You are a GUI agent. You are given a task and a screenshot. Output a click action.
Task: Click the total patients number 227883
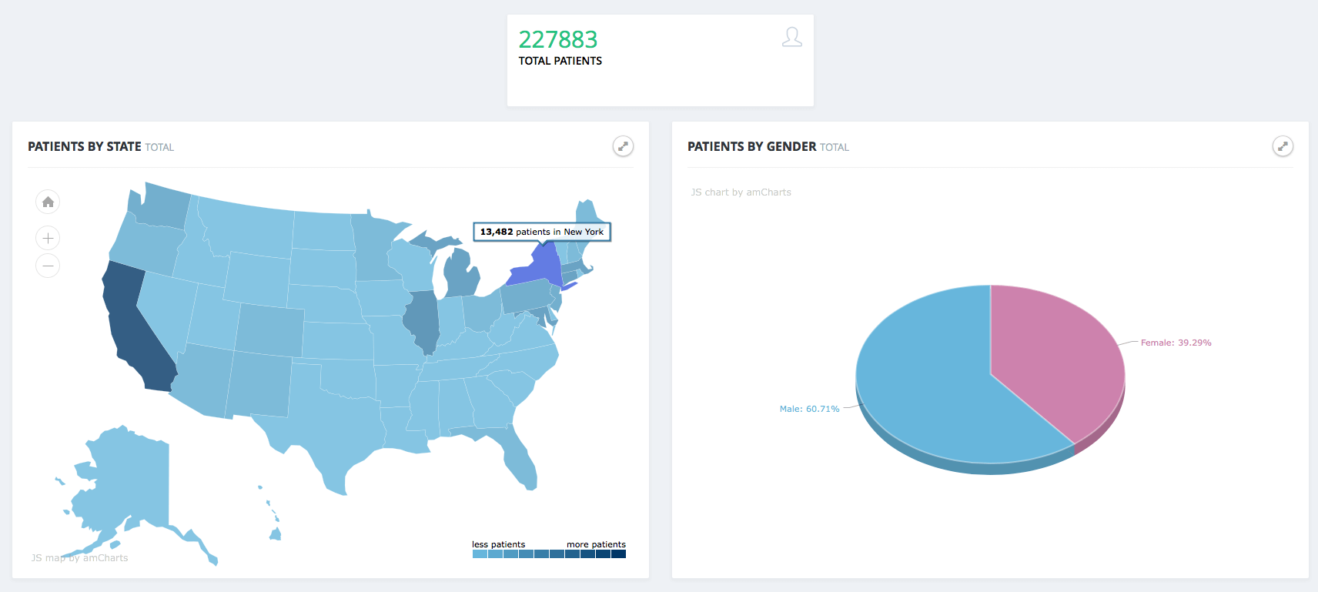pos(557,39)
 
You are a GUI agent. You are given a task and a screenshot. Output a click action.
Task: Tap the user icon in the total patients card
pos(791,37)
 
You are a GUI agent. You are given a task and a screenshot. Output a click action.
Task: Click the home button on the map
pos(48,202)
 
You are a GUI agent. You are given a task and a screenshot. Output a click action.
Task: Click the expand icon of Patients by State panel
pos(623,146)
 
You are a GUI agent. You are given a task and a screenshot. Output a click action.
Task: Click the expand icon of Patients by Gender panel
pos(1283,146)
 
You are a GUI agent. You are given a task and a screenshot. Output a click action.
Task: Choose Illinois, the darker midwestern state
pos(422,319)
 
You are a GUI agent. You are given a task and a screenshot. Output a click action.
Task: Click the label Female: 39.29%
pos(1176,343)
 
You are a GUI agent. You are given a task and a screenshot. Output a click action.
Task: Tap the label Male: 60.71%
pos(809,409)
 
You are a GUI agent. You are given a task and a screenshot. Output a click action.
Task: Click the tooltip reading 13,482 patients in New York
pos(541,232)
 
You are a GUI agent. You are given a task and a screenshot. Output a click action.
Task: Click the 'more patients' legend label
pos(596,544)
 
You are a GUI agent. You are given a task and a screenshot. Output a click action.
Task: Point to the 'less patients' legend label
pos(498,544)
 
